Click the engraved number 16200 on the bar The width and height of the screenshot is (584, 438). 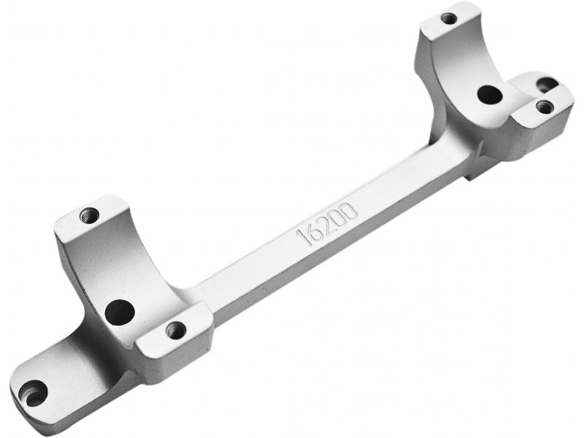(x=327, y=224)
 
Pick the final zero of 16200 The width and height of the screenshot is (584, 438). (x=350, y=211)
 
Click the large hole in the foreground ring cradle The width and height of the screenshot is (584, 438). (x=120, y=312)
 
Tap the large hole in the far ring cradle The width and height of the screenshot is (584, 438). (x=490, y=94)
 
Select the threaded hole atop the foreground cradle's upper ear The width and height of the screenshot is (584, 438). (x=89, y=215)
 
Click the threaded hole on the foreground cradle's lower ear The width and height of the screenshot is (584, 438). (x=176, y=330)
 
